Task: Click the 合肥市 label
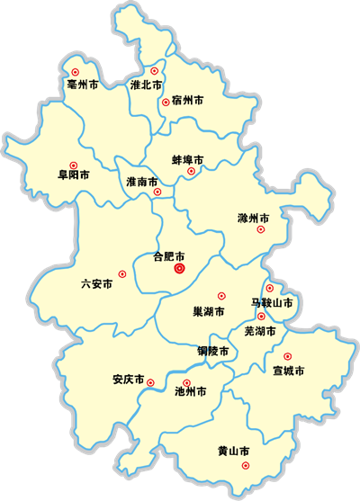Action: pos(169,255)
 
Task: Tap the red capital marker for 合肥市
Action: pos(179,267)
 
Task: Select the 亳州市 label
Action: pos(82,85)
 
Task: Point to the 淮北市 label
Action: pos(146,85)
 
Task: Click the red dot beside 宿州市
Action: pos(166,103)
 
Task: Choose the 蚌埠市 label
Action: pos(187,160)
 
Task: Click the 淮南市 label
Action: pos(142,182)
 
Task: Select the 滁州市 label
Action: pos(253,218)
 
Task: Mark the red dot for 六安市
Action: pos(121,274)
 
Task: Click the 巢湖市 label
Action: pos(209,311)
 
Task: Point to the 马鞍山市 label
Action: pos(271,303)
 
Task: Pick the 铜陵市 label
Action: pos(212,350)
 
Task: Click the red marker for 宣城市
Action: pos(287,356)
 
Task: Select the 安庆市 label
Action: pos(129,379)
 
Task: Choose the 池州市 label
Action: pos(190,392)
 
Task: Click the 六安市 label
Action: pos(96,283)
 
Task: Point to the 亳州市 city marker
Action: pos(75,71)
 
